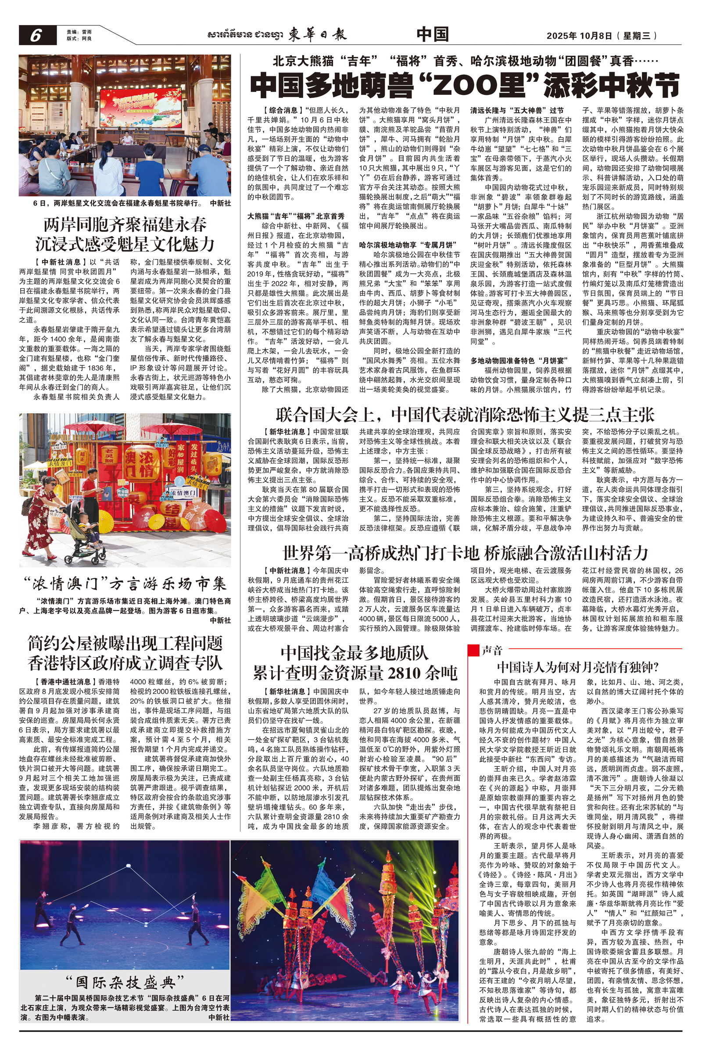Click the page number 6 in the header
pyautogui.click(x=36, y=36)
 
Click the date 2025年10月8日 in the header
pyautogui.click(x=580, y=36)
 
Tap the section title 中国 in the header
pyautogui.click(x=432, y=35)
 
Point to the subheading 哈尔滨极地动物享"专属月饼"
pyautogui.click(x=409, y=245)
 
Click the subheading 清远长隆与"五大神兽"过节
pyautogui.click(x=517, y=110)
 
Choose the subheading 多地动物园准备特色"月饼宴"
pyautogui.click(x=519, y=360)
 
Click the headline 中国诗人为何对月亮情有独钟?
pyautogui.click(x=577, y=667)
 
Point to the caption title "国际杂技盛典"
pyautogui.click(x=125, y=983)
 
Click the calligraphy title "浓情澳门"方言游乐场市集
pyautogui.click(x=125, y=584)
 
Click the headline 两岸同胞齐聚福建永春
pyautogui.click(x=125, y=224)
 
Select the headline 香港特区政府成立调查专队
pyautogui.click(x=125, y=663)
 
